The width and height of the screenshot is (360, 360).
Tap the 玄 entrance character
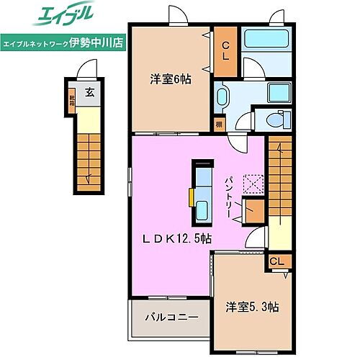click(89, 92)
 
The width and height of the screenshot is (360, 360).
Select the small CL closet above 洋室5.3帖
click(277, 261)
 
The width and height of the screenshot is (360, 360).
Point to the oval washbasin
click(223, 96)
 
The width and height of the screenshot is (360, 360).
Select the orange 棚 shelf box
click(218, 125)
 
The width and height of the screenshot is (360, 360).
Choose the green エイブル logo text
click(63, 15)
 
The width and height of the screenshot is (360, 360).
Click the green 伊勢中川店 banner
click(63, 42)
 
